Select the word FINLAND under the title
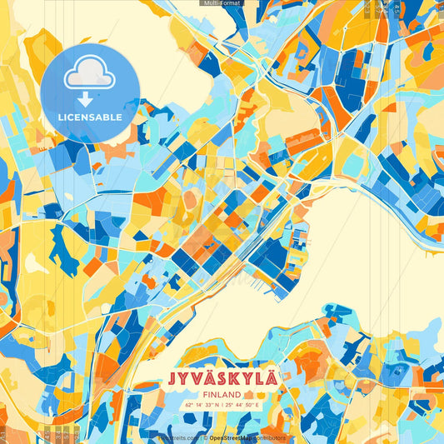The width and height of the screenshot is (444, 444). [222, 394]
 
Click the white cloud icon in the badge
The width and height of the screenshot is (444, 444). [90, 76]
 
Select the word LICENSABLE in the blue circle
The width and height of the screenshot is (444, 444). [90, 117]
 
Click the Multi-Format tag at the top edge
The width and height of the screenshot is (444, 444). [222, 3]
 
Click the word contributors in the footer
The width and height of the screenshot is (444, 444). [269, 437]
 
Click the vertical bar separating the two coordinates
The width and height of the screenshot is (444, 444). [222, 405]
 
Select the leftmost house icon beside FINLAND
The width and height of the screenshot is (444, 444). [247, 394]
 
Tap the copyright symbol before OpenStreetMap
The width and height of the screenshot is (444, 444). [205, 437]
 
